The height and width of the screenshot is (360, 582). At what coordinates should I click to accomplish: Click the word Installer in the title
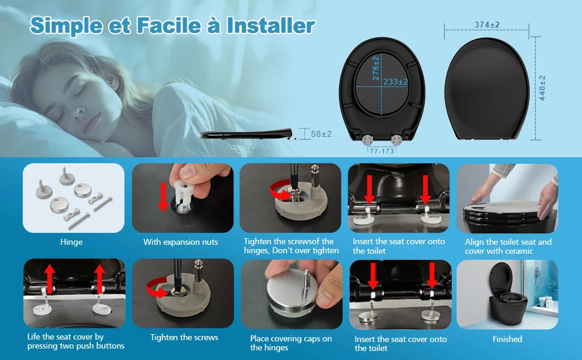[x=271, y=26]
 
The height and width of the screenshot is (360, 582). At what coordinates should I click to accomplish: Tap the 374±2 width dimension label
[x=487, y=25]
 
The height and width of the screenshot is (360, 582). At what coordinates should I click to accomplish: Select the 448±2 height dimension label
[x=542, y=88]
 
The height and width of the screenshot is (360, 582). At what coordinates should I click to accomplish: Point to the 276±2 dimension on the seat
[x=376, y=68]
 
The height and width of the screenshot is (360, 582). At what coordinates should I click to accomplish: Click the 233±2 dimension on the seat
[x=395, y=82]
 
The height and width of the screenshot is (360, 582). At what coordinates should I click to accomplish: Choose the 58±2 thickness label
[x=321, y=134]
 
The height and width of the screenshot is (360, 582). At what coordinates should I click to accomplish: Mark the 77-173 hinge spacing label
[x=382, y=151]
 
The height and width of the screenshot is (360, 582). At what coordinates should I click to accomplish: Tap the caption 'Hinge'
[x=71, y=242]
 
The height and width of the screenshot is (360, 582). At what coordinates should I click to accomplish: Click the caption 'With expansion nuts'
[x=181, y=242]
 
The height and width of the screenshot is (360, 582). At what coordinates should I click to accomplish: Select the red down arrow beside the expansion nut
[x=163, y=197]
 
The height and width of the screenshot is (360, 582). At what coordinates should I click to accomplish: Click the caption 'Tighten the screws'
[x=184, y=337]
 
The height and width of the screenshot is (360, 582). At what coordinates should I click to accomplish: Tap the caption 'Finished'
[x=507, y=339]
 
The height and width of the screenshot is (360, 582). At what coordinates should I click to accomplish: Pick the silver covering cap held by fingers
[x=292, y=292]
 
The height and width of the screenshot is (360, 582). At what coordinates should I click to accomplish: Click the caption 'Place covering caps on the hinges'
[x=290, y=343]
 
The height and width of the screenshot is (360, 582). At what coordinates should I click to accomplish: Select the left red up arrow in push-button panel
[x=49, y=279]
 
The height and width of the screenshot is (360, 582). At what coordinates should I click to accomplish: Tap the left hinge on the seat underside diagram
[x=367, y=140]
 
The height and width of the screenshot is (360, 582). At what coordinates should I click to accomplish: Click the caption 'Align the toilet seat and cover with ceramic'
[x=508, y=247]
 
